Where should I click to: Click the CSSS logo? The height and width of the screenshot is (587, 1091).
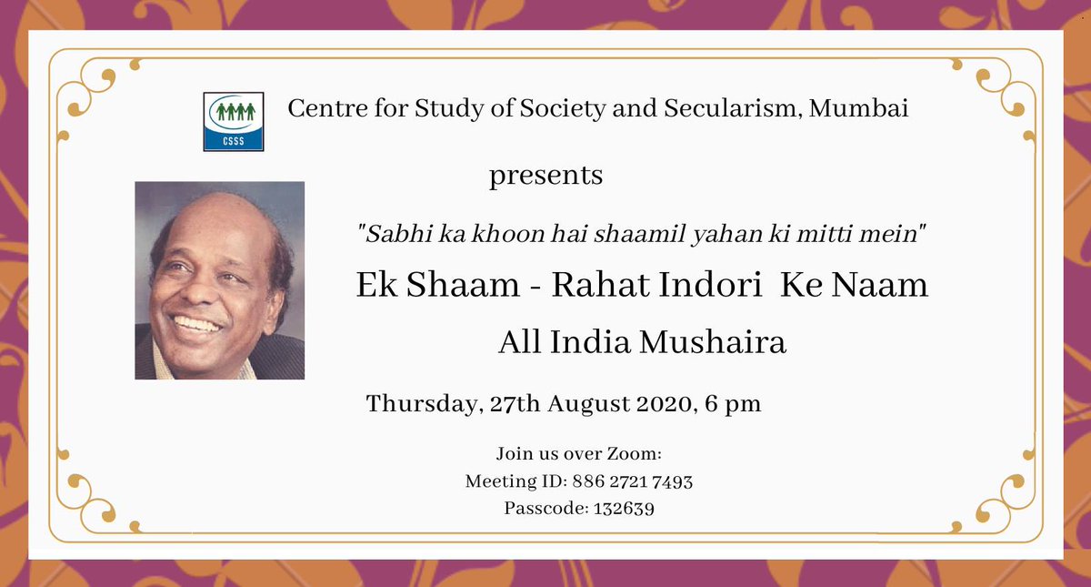[234, 120]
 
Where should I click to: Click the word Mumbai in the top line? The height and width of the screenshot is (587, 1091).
[859, 108]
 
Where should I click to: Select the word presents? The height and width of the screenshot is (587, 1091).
[545, 175]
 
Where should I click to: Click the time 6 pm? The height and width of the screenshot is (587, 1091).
[732, 404]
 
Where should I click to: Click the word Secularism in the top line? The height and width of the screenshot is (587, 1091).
[714, 108]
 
